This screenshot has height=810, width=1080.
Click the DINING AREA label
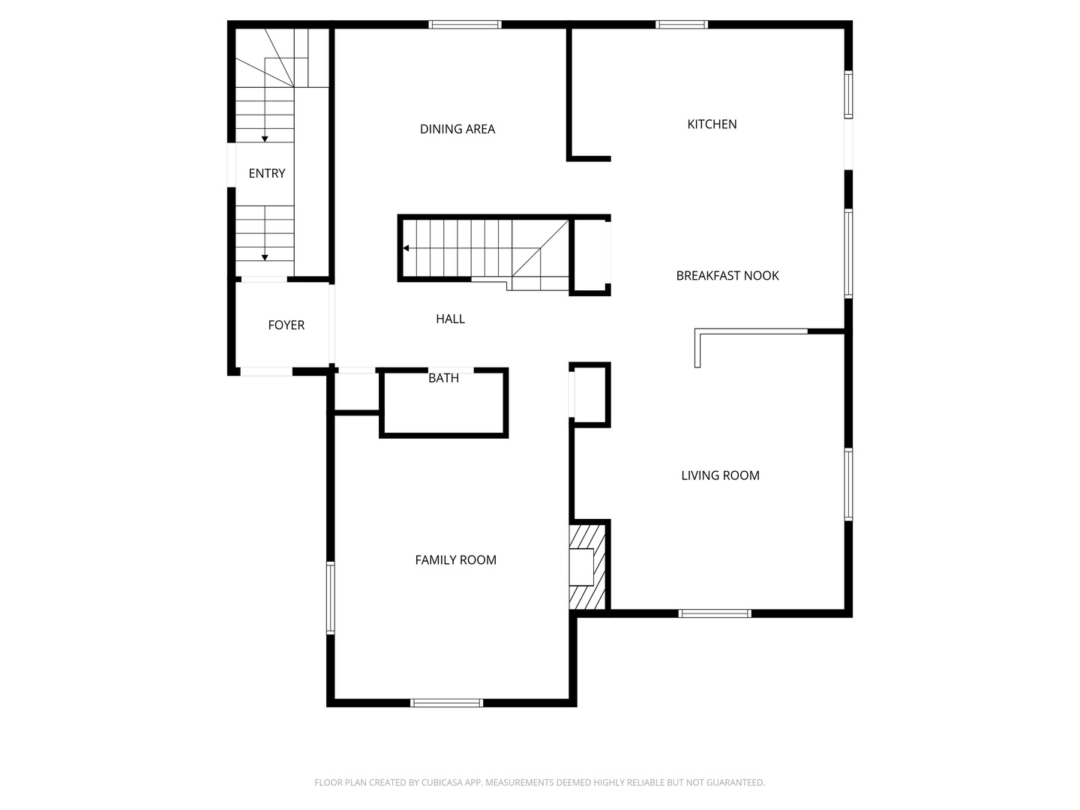(x=457, y=129)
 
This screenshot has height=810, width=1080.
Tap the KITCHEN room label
(x=712, y=124)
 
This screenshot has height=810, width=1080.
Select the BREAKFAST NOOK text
(x=727, y=275)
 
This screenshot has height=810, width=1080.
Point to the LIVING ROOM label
(x=720, y=475)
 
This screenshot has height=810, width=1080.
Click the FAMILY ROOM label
(x=455, y=559)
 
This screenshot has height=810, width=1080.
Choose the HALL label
(x=450, y=319)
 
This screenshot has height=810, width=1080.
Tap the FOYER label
(x=286, y=325)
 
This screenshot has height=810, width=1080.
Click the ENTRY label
(x=267, y=173)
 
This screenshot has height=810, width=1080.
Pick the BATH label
(x=443, y=378)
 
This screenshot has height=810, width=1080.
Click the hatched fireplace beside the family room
(x=587, y=567)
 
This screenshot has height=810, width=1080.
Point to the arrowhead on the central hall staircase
(x=406, y=248)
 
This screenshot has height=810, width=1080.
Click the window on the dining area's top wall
(x=464, y=25)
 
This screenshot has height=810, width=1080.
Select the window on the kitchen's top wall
(x=682, y=25)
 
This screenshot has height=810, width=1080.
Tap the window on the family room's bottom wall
(x=446, y=703)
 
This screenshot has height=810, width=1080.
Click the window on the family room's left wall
(x=331, y=598)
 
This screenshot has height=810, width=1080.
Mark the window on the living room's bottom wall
(x=715, y=613)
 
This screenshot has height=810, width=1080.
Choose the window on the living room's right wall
(x=848, y=484)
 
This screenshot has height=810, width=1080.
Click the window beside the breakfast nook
(x=848, y=253)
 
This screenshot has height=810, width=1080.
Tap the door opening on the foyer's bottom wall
(x=266, y=371)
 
